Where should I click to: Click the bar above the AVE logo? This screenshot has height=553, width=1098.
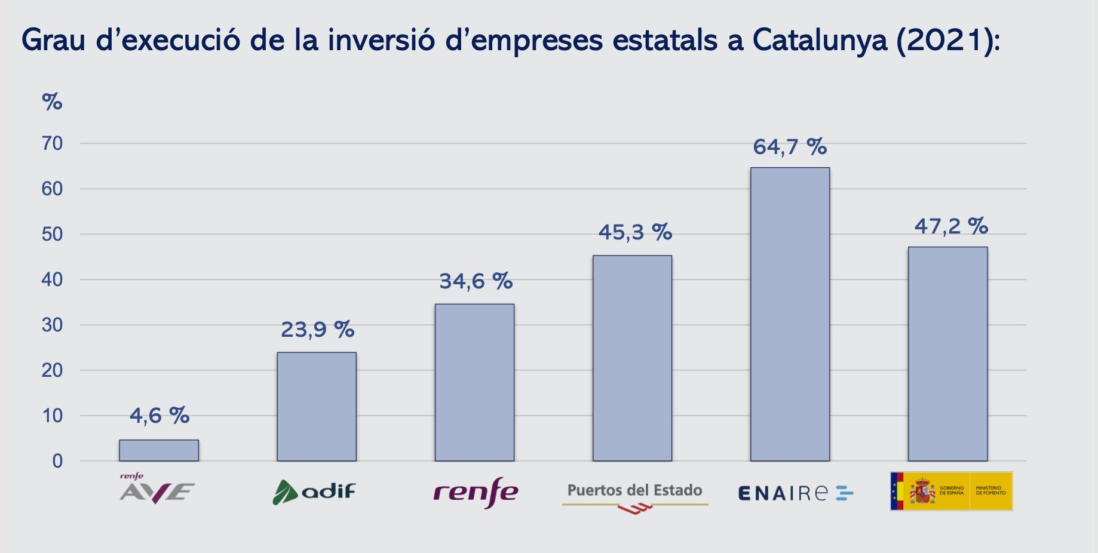click(x=159, y=450)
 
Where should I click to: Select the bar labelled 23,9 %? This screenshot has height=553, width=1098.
click(x=317, y=407)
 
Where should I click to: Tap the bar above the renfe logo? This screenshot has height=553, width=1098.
click(x=474, y=382)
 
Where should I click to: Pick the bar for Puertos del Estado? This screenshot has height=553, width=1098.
click(x=632, y=358)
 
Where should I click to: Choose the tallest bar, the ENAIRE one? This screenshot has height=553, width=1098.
click(x=790, y=314)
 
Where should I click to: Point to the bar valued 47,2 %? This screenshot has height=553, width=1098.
click(x=947, y=354)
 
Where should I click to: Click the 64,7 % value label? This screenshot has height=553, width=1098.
click(x=790, y=147)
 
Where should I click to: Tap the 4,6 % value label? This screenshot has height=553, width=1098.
click(x=159, y=416)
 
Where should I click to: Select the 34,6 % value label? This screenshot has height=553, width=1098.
click(x=476, y=281)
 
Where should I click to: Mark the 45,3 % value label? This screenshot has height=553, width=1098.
click(x=635, y=232)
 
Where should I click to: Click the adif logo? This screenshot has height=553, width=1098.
click(x=314, y=491)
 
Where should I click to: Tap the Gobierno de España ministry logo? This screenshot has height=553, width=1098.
click(x=951, y=491)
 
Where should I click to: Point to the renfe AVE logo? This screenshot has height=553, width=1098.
click(x=157, y=490)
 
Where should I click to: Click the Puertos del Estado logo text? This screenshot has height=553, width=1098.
click(x=634, y=491)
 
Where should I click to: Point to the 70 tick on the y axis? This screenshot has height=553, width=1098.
click(x=53, y=143)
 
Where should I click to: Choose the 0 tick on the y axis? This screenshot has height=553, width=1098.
click(x=57, y=461)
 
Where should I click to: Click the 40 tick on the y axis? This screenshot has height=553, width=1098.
click(x=53, y=279)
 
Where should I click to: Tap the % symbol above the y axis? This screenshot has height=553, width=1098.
click(x=52, y=102)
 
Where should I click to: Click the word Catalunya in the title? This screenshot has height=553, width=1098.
click(x=820, y=41)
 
